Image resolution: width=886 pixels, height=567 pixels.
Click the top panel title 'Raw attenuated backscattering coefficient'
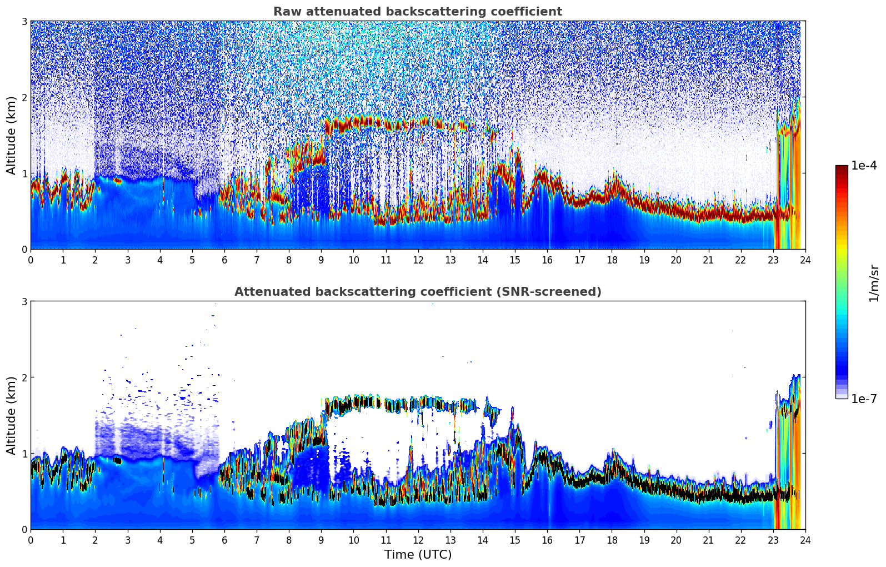point(418,12)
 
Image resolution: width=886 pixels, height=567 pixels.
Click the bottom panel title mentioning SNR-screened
point(418,292)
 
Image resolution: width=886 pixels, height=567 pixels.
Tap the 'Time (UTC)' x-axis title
point(418,555)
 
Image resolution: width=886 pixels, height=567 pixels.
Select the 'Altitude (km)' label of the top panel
point(11,135)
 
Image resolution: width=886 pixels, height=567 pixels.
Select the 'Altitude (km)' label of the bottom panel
point(11,415)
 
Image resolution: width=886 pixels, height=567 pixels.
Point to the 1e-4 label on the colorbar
point(864,166)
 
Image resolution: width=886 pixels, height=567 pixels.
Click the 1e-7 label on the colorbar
point(864,399)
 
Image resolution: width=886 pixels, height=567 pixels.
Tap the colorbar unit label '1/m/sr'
point(874,283)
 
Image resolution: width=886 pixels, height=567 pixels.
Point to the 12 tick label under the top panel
point(418,260)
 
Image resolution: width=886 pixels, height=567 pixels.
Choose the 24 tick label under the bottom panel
point(805,540)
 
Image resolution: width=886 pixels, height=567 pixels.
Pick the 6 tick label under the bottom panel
point(224,540)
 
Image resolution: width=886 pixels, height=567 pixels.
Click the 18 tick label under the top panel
point(612,260)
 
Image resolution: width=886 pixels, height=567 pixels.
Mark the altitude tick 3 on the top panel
point(24,21)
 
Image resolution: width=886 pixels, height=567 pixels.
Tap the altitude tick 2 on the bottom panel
point(24,377)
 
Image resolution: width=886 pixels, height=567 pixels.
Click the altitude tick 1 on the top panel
point(24,173)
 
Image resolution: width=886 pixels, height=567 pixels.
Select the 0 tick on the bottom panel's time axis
point(31,540)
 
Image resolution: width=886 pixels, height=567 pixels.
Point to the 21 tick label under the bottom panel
point(708,540)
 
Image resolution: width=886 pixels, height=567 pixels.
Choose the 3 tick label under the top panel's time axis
point(128,260)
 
